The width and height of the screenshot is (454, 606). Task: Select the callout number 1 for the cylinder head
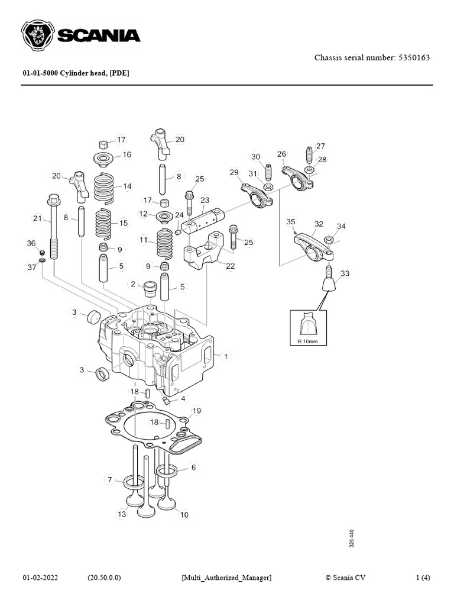coord(226,356)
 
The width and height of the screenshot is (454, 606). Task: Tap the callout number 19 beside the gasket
coord(196,410)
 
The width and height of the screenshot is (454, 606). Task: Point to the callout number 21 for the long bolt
coord(37,219)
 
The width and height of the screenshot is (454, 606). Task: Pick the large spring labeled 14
coord(105,186)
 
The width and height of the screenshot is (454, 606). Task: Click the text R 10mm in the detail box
coord(307,341)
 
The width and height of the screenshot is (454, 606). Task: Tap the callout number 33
coord(345,273)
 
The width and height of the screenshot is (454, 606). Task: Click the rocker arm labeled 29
coord(257,195)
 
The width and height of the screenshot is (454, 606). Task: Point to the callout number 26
coord(281,154)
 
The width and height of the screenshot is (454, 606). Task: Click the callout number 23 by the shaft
coord(205,200)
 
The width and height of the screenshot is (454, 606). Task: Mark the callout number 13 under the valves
coord(122,514)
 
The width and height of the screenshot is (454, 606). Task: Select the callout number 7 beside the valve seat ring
coord(109,479)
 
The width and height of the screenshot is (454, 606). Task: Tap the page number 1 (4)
coord(423,577)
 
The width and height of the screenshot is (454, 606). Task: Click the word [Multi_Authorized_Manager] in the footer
coord(226,577)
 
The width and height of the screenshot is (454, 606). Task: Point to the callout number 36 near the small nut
coord(31,243)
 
